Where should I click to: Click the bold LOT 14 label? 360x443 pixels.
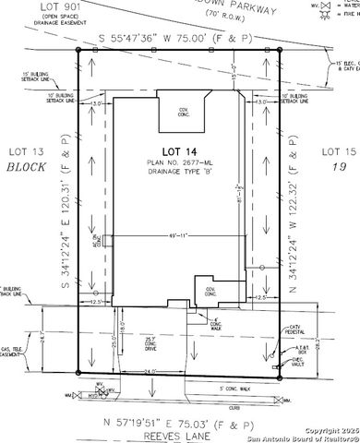point(179,150)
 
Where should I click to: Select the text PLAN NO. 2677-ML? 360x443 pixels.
point(179,163)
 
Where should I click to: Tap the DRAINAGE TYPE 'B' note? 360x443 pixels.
point(179,175)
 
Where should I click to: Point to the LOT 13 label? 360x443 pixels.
point(25,151)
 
